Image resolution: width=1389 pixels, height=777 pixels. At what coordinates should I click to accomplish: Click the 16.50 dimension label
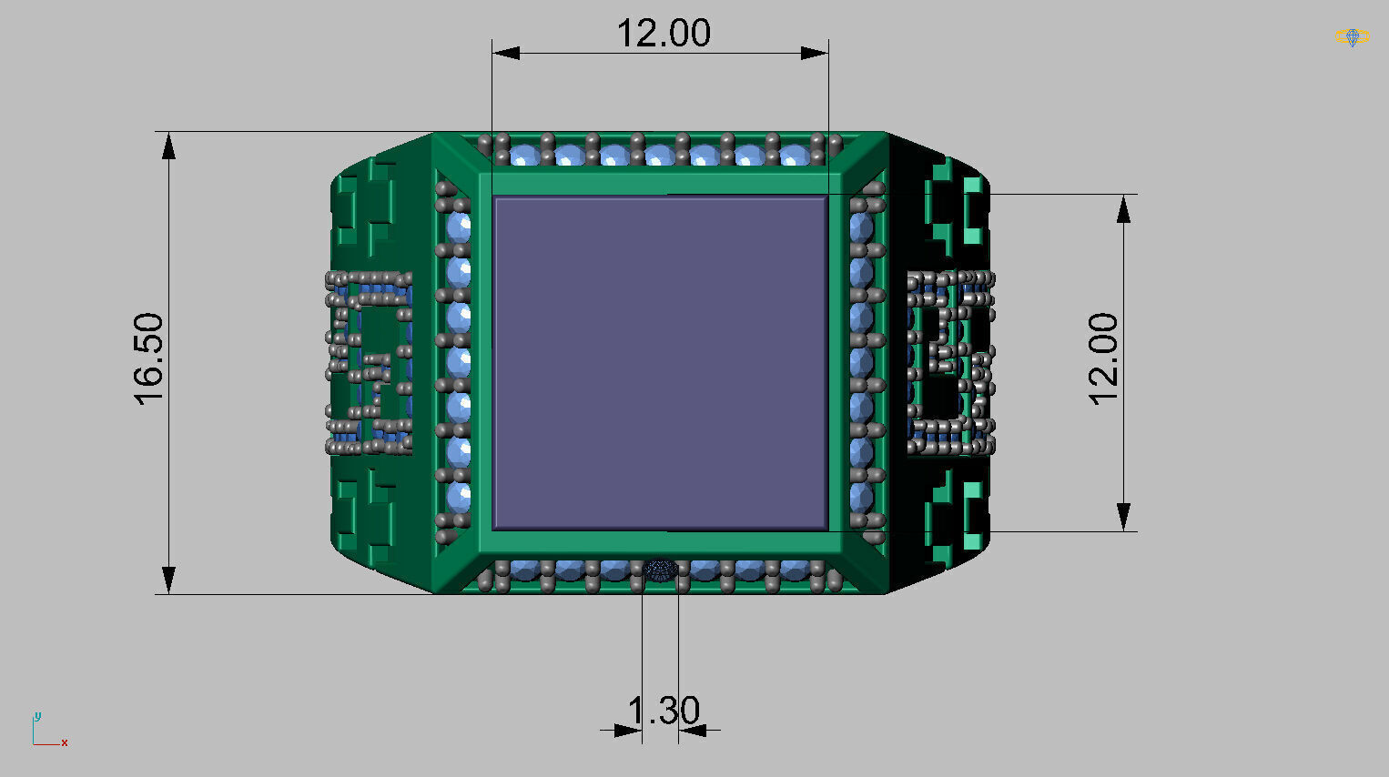click(148, 358)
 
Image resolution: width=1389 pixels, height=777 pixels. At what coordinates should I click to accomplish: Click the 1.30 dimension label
click(664, 711)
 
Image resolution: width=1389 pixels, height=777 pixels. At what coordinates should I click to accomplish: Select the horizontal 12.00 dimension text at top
click(664, 34)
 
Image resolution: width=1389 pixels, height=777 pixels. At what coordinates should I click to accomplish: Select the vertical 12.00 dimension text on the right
click(1102, 358)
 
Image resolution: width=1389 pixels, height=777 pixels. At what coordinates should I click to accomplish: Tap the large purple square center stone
click(660, 362)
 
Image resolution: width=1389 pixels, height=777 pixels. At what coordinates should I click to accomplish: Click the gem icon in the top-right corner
click(1352, 37)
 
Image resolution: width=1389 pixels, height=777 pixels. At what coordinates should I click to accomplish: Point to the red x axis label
click(65, 743)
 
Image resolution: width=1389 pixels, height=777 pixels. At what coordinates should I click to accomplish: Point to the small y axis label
click(37, 715)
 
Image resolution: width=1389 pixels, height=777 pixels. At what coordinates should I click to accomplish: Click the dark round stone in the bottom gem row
click(660, 570)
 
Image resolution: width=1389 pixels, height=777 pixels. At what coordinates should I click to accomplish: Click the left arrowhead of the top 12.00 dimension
click(506, 53)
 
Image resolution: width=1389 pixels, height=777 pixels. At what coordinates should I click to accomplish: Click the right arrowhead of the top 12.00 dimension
click(815, 53)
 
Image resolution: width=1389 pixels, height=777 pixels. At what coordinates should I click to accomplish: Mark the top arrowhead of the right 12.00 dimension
click(1124, 208)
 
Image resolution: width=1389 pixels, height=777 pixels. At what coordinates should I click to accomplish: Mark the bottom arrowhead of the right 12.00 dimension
click(1124, 517)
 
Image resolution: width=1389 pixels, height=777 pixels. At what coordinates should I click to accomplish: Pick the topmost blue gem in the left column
click(459, 226)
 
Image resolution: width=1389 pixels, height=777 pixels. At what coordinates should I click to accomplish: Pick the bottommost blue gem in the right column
click(861, 497)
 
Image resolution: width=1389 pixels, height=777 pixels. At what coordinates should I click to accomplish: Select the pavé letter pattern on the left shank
click(370, 362)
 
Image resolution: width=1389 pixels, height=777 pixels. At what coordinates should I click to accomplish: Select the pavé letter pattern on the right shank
click(949, 362)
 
